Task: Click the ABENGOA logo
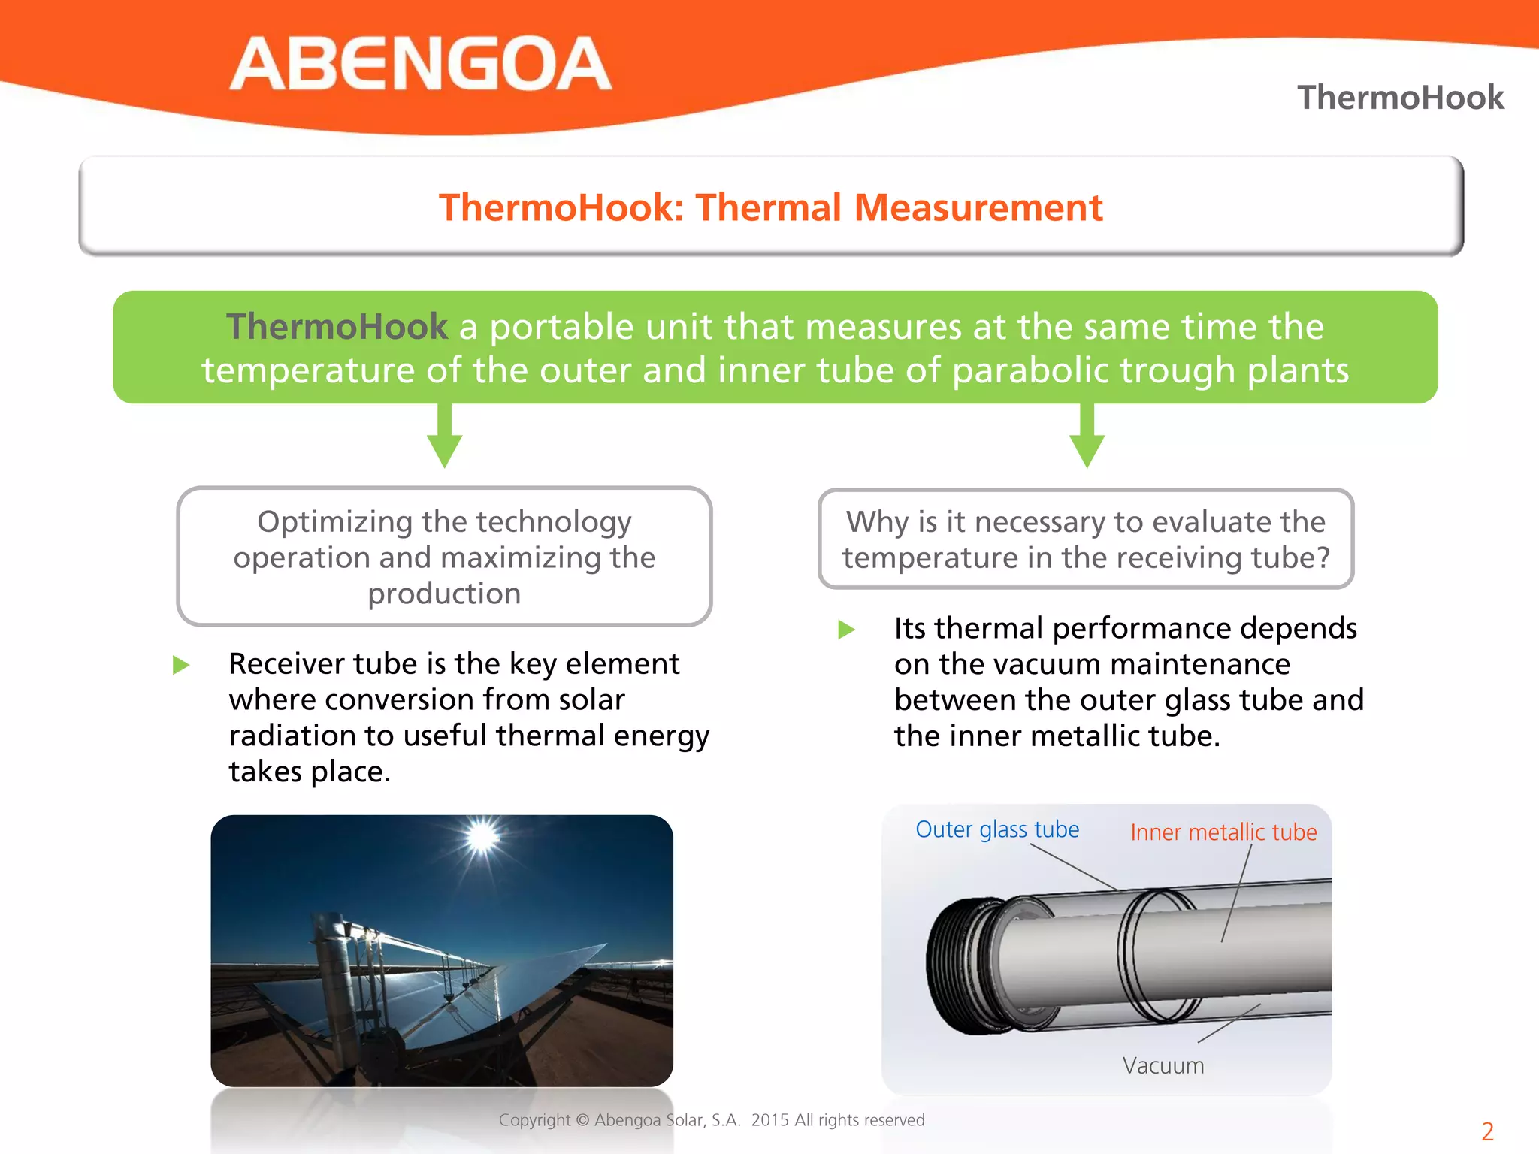pyautogui.click(x=420, y=64)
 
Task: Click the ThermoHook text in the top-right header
pyautogui.click(x=1400, y=98)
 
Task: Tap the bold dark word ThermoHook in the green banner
pyautogui.click(x=337, y=327)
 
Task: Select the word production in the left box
pyautogui.click(x=444, y=594)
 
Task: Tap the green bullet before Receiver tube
pyautogui.click(x=181, y=665)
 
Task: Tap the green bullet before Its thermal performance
pyautogui.click(x=847, y=629)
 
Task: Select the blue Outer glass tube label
pyautogui.click(x=997, y=829)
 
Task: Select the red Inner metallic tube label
pyautogui.click(x=1223, y=832)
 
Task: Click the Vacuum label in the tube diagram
pyautogui.click(x=1163, y=1065)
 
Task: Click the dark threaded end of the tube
pyautogui.click(x=958, y=965)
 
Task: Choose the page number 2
pyautogui.click(x=1487, y=1131)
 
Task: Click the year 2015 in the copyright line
pyautogui.click(x=769, y=1120)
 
